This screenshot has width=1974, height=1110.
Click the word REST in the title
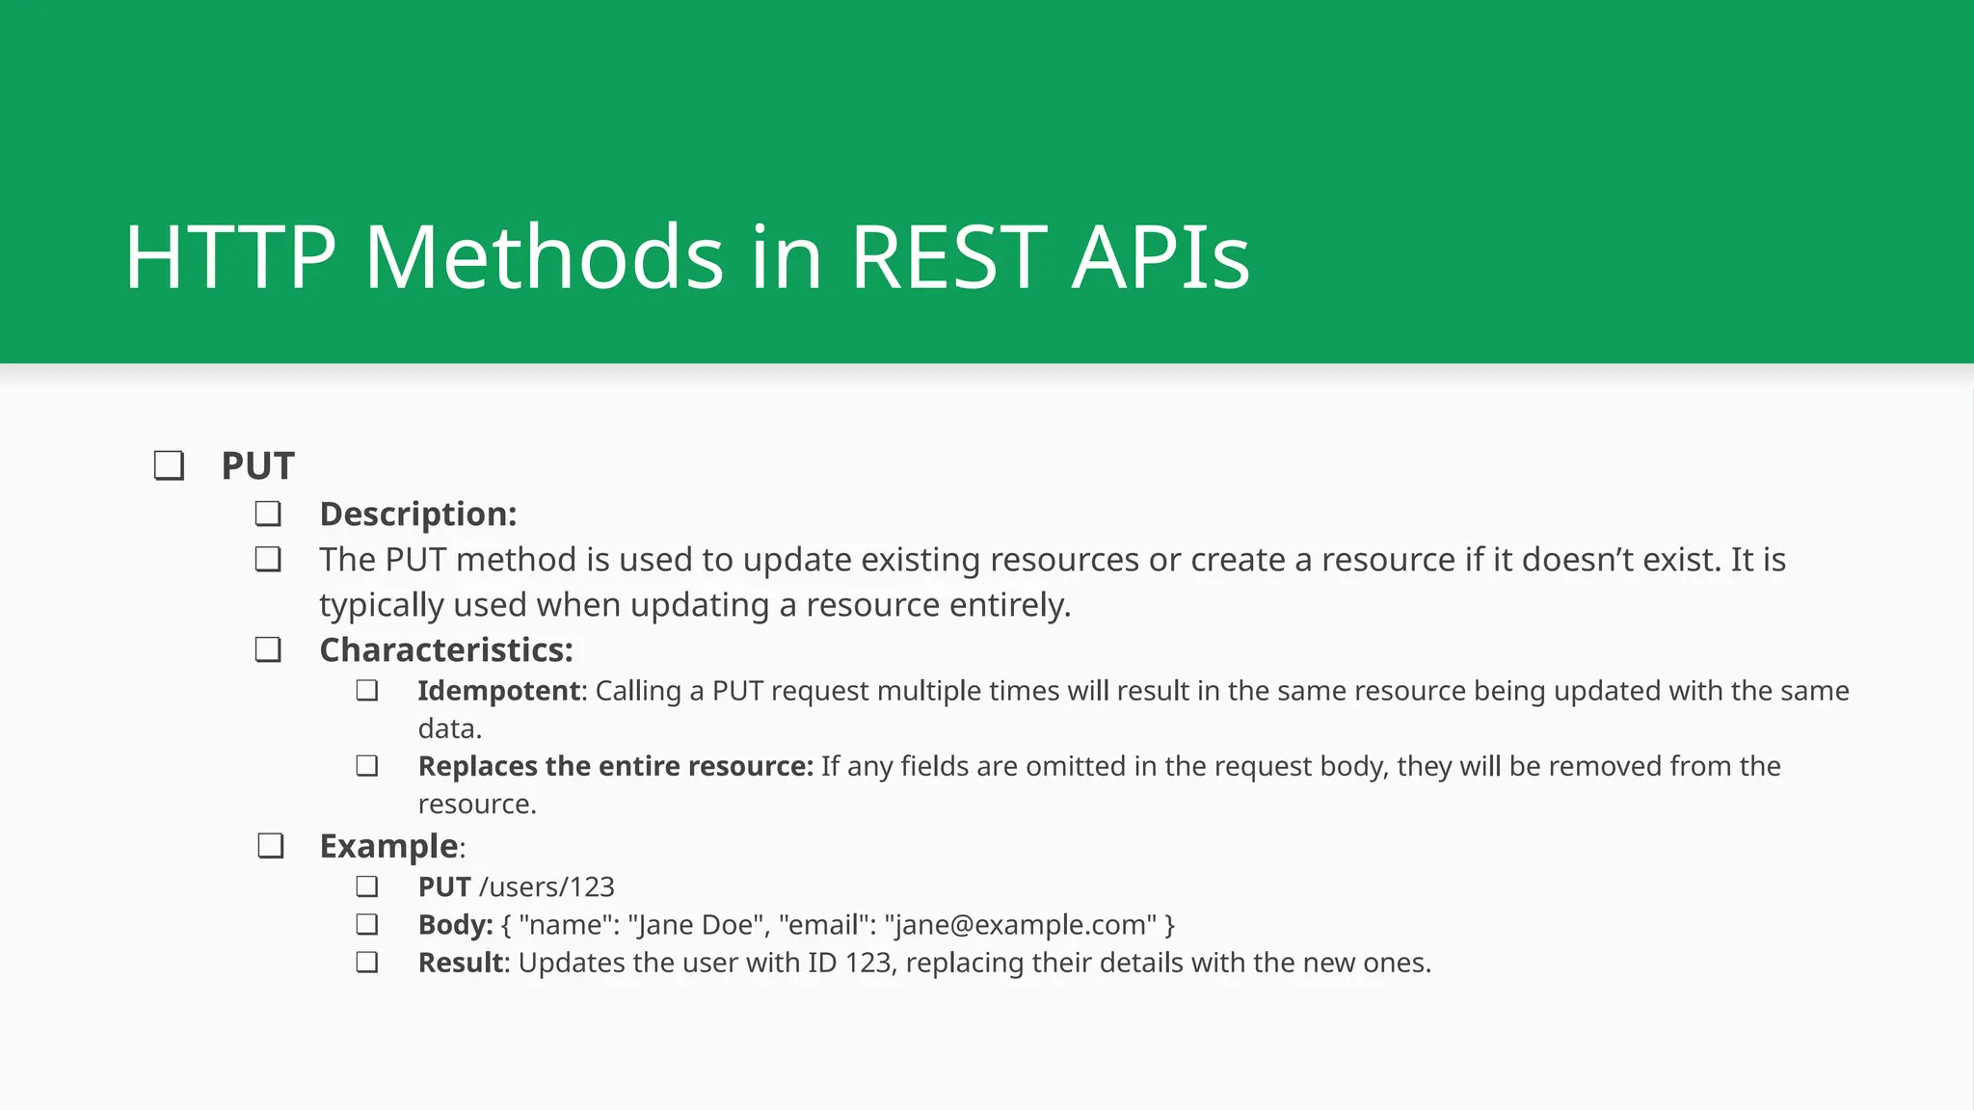tap(948, 257)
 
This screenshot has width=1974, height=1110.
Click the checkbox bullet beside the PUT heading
tap(169, 465)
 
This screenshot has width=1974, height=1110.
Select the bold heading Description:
tap(417, 514)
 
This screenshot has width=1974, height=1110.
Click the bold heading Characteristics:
tap(445, 649)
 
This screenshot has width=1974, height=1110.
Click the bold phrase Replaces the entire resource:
tap(615, 766)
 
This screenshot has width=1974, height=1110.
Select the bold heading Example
tap(388, 846)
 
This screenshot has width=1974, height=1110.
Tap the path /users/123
tap(547, 886)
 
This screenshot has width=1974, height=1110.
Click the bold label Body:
tap(455, 925)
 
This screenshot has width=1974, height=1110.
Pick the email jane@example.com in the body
tap(1020, 925)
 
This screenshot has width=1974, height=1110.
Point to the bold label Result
tap(461, 963)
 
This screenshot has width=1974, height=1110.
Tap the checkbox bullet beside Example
tap(271, 846)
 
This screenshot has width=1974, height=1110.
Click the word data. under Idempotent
tap(449, 728)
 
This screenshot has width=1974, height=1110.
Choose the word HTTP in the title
tap(229, 257)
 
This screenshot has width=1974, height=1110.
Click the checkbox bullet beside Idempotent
tap(366, 691)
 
